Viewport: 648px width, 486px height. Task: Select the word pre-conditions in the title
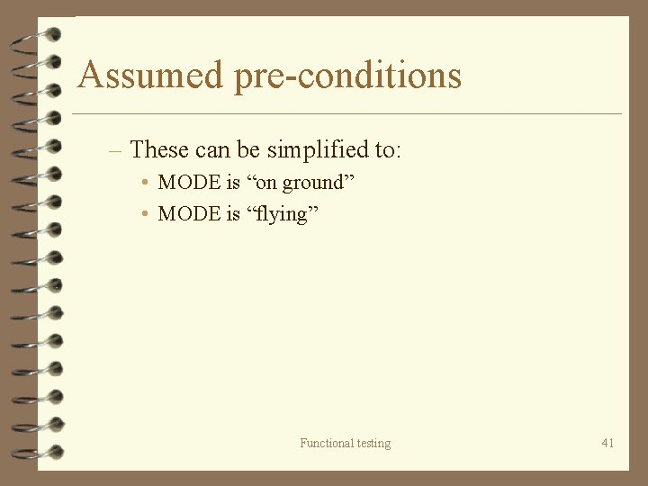click(x=347, y=76)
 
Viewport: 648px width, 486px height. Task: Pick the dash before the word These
click(x=114, y=149)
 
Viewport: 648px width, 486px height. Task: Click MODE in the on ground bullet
click(x=189, y=183)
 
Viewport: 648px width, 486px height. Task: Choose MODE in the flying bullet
click(x=189, y=214)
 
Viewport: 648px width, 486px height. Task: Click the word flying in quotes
click(x=282, y=215)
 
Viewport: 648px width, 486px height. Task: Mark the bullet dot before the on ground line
click(x=145, y=183)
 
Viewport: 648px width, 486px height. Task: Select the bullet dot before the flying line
click(x=145, y=214)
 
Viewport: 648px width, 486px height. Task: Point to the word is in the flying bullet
click(x=233, y=214)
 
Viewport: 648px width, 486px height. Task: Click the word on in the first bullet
click(x=266, y=184)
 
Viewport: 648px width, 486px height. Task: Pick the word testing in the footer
click(x=374, y=444)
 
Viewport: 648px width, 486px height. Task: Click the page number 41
click(x=607, y=443)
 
